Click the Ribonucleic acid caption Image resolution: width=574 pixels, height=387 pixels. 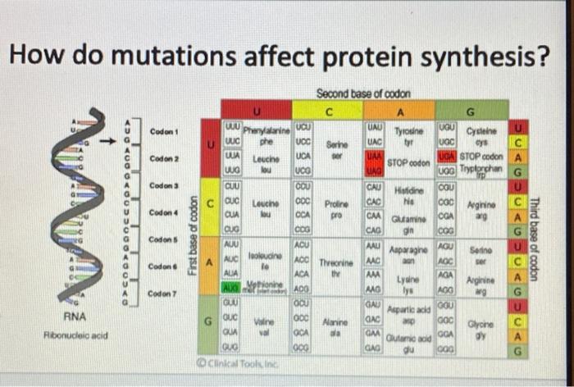77,334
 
